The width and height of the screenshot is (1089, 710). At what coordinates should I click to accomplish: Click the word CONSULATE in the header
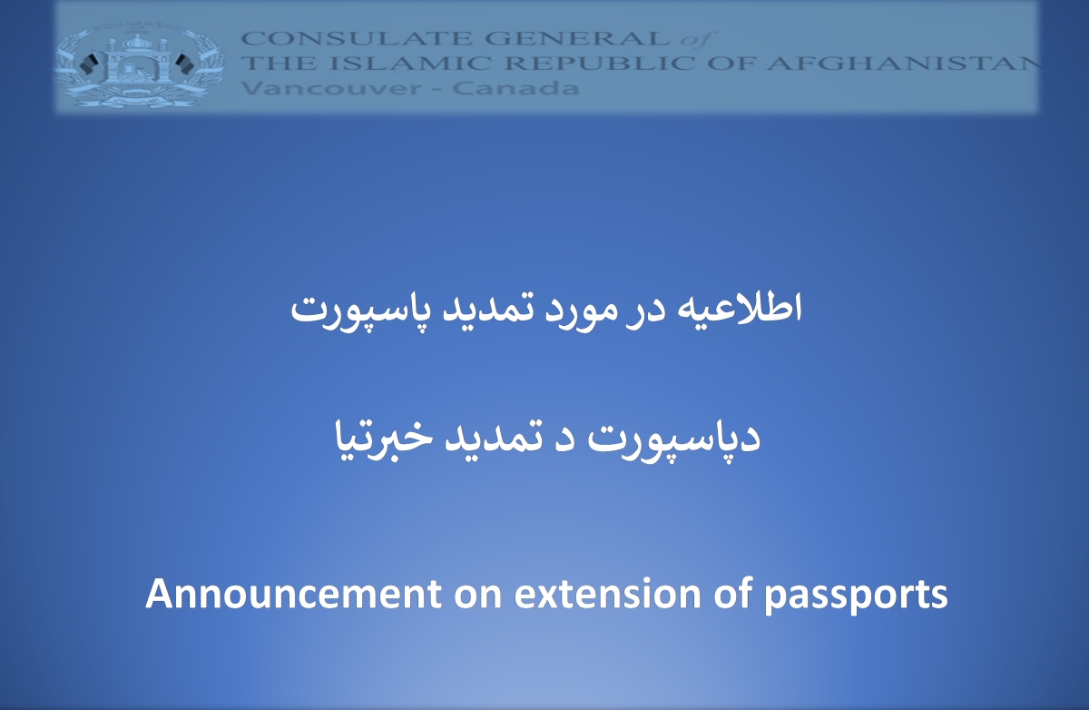tap(358, 38)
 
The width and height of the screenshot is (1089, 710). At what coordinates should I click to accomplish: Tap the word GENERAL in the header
tap(577, 38)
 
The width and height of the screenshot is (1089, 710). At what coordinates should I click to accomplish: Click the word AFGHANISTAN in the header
tap(903, 64)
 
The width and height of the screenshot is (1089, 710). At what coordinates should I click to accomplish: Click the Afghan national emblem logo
tap(139, 64)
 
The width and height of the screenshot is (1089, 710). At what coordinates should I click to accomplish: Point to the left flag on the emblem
tap(89, 64)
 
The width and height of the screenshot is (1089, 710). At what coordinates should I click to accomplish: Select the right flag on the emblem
tap(185, 64)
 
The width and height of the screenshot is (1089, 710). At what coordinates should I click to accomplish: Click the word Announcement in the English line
tap(294, 594)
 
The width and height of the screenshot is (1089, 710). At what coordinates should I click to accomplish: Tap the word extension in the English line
tap(608, 594)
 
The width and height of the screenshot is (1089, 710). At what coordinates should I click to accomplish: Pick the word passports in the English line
tap(856, 597)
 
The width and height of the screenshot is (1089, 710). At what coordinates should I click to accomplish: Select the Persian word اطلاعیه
tap(740, 308)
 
